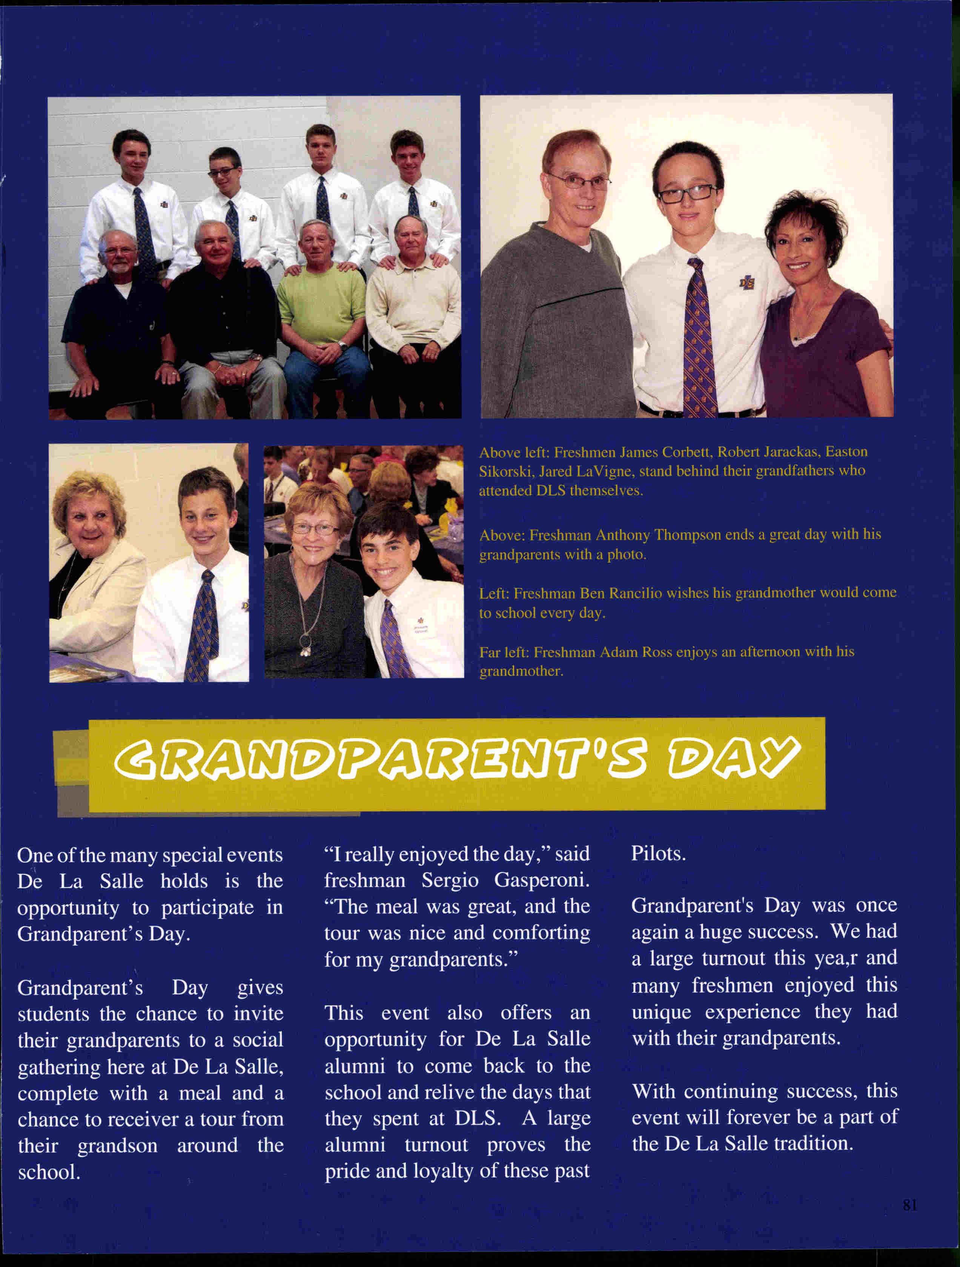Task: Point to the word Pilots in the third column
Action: [x=658, y=854]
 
